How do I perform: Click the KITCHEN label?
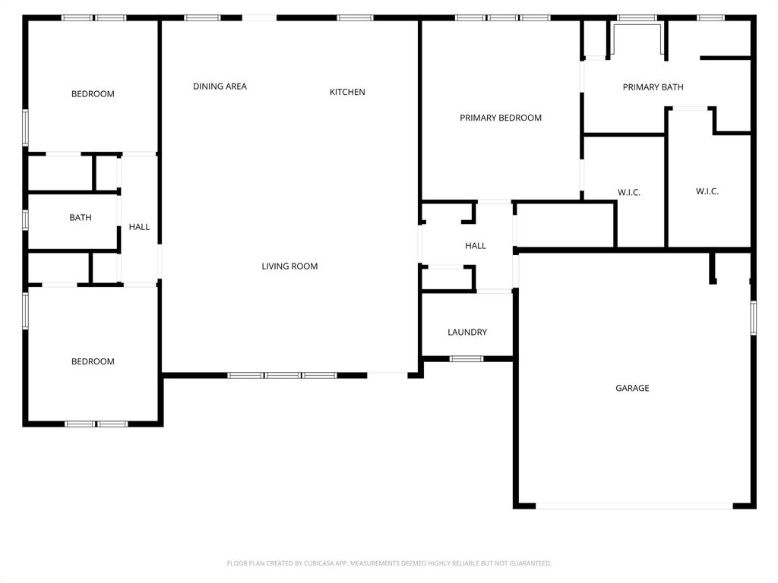pyautogui.click(x=347, y=92)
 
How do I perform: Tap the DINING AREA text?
pyautogui.click(x=220, y=87)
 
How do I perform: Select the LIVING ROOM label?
pyautogui.click(x=289, y=266)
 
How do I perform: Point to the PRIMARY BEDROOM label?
pyautogui.click(x=501, y=118)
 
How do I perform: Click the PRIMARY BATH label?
pyautogui.click(x=653, y=87)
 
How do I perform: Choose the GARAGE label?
pyautogui.click(x=632, y=388)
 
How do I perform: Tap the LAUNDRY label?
pyautogui.click(x=467, y=332)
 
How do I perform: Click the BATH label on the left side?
pyautogui.click(x=81, y=218)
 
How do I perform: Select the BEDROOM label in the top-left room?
pyautogui.click(x=93, y=94)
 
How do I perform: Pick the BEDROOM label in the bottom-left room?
pyautogui.click(x=93, y=361)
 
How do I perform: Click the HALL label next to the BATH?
pyautogui.click(x=139, y=227)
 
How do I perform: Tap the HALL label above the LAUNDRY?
pyautogui.click(x=476, y=246)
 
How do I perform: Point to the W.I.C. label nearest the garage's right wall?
pyautogui.click(x=707, y=191)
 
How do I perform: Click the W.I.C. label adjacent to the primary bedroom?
pyautogui.click(x=629, y=193)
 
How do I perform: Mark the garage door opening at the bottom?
pyautogui.click(x=634, y=506)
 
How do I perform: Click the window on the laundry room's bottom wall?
pyautogui.click(x=466, y=358)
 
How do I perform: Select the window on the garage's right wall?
pyautogui.click(x=754, y=317)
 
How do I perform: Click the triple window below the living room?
pyautogui.click(x=282, y=375)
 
